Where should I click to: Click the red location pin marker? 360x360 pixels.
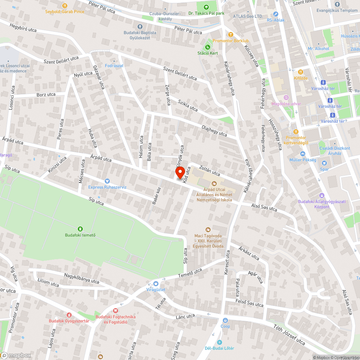[179, 174]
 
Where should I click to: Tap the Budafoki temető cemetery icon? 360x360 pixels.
[80, 229]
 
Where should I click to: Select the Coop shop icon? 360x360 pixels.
[225, 320]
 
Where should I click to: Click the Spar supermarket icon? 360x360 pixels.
[324, 163]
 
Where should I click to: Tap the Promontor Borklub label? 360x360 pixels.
[230, 41]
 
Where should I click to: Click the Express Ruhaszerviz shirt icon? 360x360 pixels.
[107, 181]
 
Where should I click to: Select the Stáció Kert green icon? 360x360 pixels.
[208, 47]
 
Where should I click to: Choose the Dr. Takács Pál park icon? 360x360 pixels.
[206, 7]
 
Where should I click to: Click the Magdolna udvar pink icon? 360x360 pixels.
[286, 98]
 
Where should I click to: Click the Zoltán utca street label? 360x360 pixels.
[209, 168]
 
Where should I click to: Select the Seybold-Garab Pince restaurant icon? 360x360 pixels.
[65, 5]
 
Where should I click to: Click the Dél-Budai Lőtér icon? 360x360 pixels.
[220, 342]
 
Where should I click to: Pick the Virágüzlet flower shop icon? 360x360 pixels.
[156, 283]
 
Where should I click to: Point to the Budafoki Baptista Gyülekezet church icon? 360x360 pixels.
[140, 26]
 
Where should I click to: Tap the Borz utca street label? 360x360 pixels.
[46, 95]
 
